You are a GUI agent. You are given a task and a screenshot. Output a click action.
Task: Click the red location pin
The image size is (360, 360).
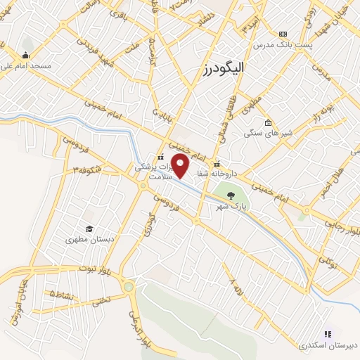coord(181,166)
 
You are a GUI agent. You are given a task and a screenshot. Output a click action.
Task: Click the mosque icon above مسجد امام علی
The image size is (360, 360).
coord(26,56)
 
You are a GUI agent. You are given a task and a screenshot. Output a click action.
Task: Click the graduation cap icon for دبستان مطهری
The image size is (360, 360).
coord(89,229)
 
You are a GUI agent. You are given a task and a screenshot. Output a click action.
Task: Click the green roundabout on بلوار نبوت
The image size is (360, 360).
coord(128,286)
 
